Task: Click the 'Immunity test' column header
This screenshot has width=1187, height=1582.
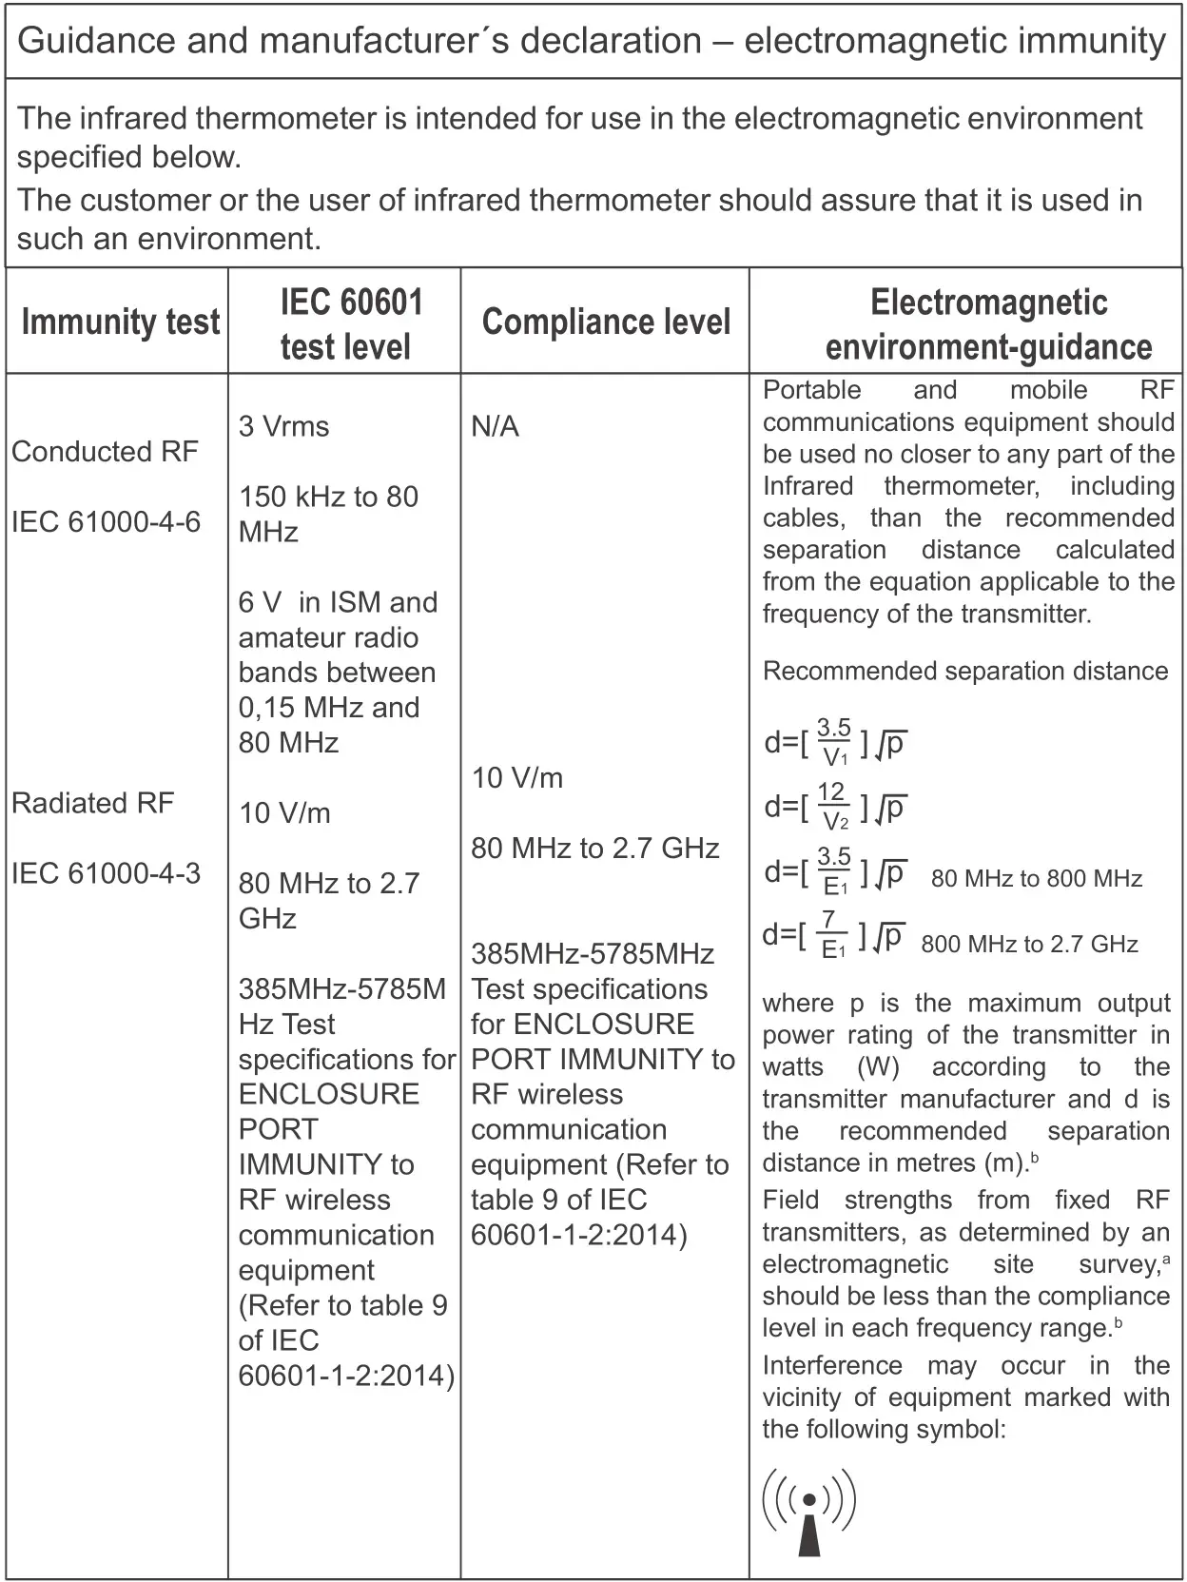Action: [120, 322]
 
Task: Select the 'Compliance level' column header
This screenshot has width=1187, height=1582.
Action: [606, 322]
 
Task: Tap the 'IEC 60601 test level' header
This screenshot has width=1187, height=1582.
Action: [345, 323]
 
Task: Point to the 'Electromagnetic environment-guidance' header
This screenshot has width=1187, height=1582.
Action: [988, 323]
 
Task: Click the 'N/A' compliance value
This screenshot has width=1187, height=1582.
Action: [495, 426]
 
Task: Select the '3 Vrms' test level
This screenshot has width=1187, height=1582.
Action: [283, 426]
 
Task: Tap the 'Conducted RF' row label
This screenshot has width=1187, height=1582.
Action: [105, 451]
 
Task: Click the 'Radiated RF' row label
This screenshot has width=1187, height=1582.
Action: [92, 803]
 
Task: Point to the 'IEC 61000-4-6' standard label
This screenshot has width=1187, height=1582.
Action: [106, 521]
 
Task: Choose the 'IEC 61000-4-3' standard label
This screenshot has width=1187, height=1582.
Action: [106, 873]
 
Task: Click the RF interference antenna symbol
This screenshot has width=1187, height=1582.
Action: [808, 1511]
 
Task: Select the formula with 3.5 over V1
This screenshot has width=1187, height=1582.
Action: [834, 742]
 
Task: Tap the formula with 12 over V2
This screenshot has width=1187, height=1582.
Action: [834, 807]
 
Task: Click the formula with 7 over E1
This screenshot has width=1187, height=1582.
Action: [832, 935]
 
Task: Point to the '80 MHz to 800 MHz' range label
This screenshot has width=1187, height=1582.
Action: [1036, 878]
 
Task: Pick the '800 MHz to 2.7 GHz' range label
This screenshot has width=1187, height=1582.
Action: [1029, 944]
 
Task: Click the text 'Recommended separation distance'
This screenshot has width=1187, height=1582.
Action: [964, 671]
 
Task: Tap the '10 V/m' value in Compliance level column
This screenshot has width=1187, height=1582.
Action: [516, 778]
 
